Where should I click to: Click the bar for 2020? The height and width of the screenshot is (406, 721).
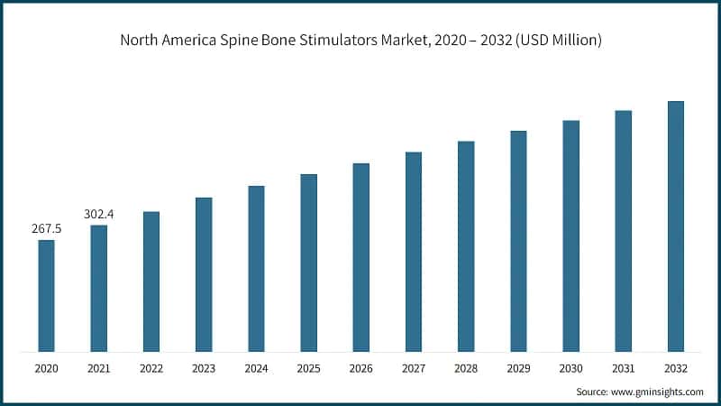point(46,295)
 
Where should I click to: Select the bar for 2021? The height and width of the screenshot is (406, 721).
point(98,288)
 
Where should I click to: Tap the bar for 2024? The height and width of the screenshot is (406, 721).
point(256,268)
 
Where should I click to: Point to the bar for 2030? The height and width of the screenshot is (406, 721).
point(570,235)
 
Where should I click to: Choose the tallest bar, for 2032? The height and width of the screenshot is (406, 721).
point(675,226)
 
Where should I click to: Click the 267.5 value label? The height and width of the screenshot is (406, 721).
point(46,229)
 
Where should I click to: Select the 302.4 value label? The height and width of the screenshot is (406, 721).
point(99,215)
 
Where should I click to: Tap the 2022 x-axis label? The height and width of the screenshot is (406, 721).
point(151,368)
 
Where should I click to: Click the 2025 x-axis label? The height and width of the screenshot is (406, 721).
point(308,368)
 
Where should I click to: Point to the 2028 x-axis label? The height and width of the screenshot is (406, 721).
point(466,368)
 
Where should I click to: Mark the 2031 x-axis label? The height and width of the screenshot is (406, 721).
point(623,368)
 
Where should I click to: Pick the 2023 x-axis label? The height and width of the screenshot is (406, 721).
point(204,368)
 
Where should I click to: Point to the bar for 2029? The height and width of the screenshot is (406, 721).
point(518,241)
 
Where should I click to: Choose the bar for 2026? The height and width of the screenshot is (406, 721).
point(360,257)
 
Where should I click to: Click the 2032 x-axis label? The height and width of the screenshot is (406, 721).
point(675,368)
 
